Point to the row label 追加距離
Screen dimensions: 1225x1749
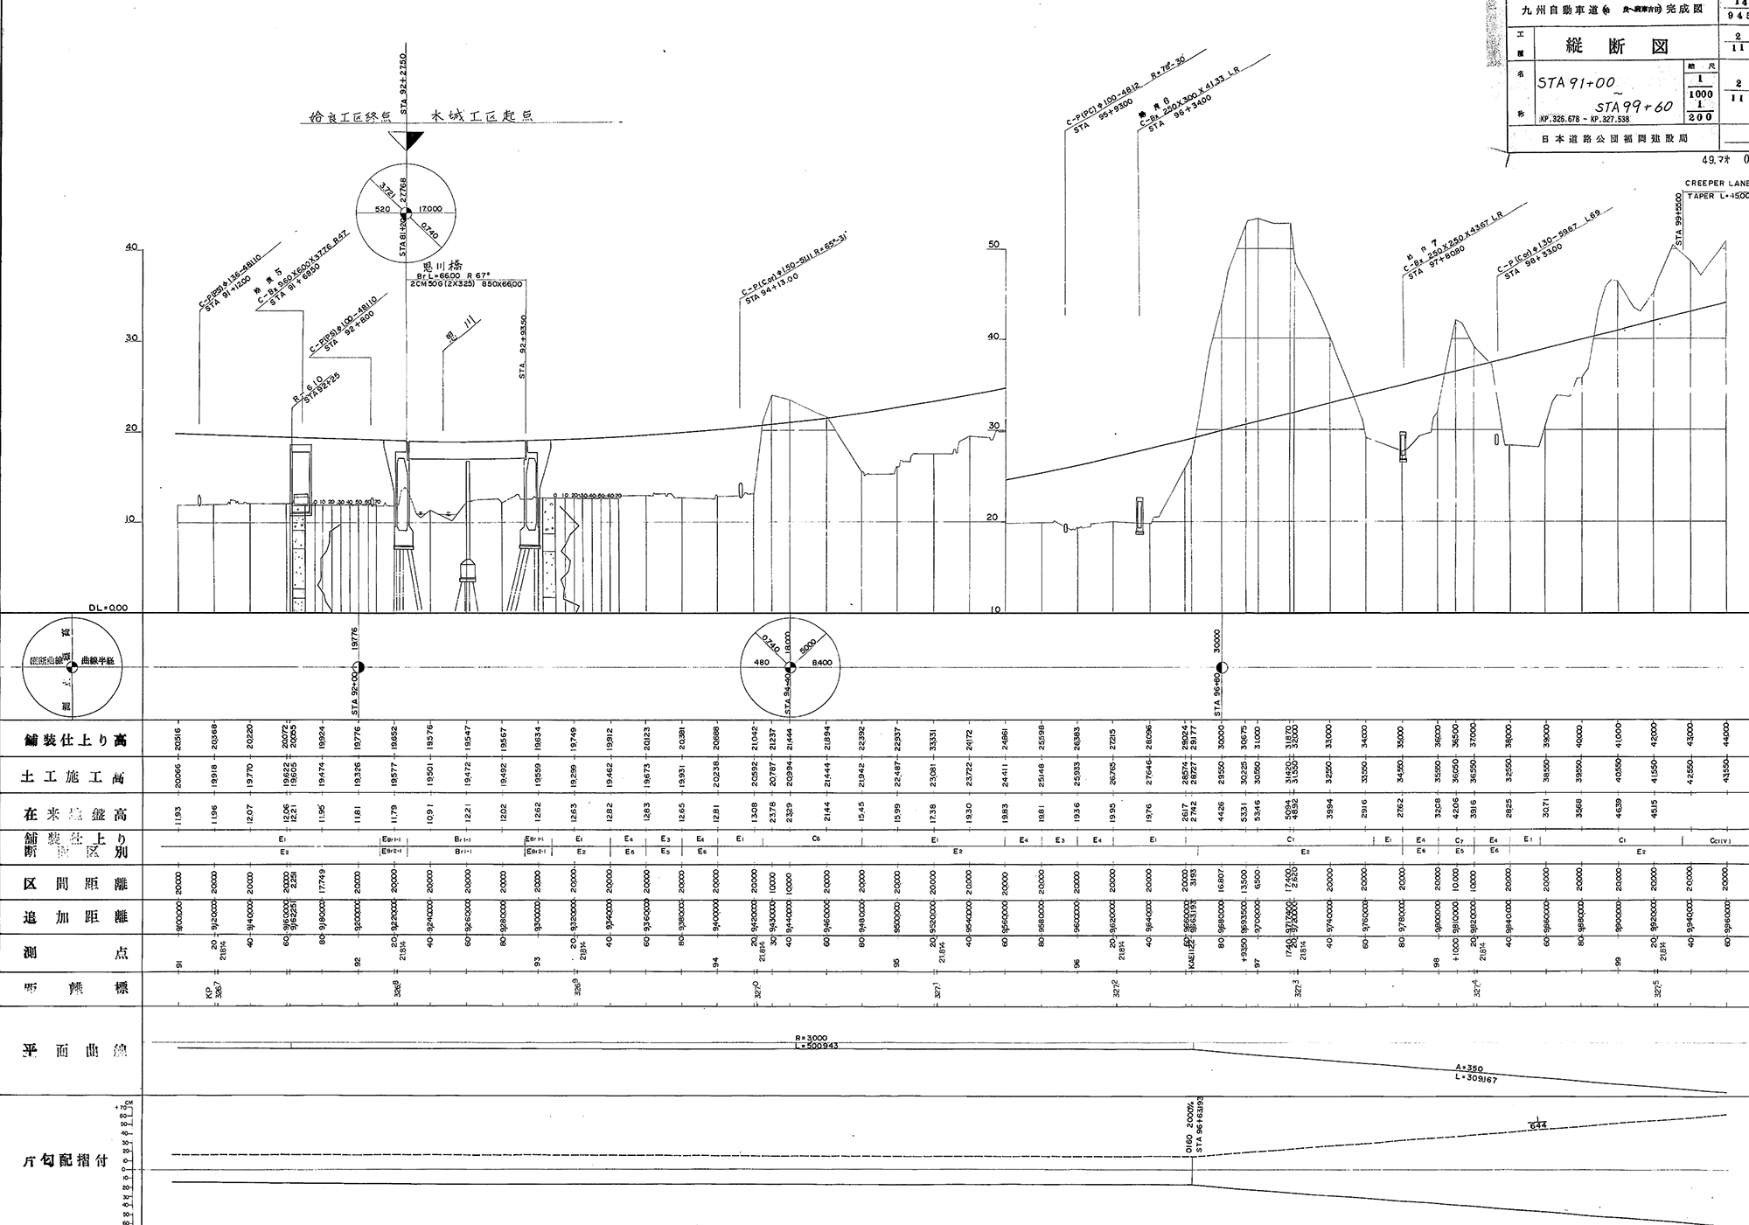[x=75, y=917]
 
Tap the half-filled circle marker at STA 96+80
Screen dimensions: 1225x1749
[x=1222, y=668]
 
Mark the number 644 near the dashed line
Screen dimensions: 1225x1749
[x=1539, y=1126]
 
